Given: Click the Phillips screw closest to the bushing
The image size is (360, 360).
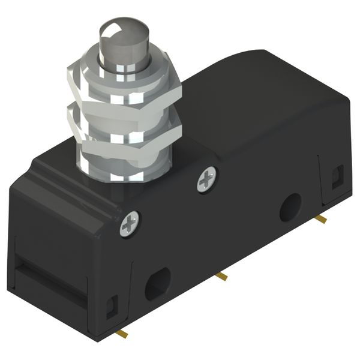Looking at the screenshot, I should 207,179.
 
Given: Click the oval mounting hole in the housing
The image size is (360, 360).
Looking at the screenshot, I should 158,283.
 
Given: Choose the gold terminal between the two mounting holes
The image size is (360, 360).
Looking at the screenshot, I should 221,276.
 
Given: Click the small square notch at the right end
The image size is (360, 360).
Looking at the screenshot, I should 337,175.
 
